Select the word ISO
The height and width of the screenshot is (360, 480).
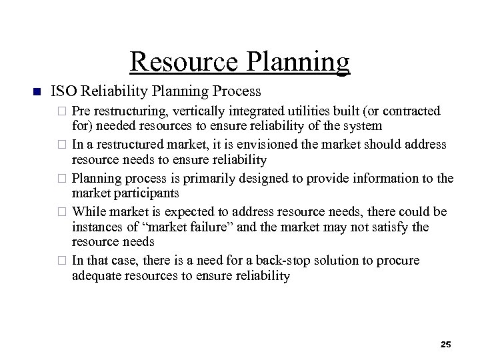coord(63,90)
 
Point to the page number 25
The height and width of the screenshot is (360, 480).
coord(446,344)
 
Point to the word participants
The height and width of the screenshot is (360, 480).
coord(143,193)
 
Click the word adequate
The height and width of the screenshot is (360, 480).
coord(97,276)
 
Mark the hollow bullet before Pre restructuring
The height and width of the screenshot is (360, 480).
coord(63,110)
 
